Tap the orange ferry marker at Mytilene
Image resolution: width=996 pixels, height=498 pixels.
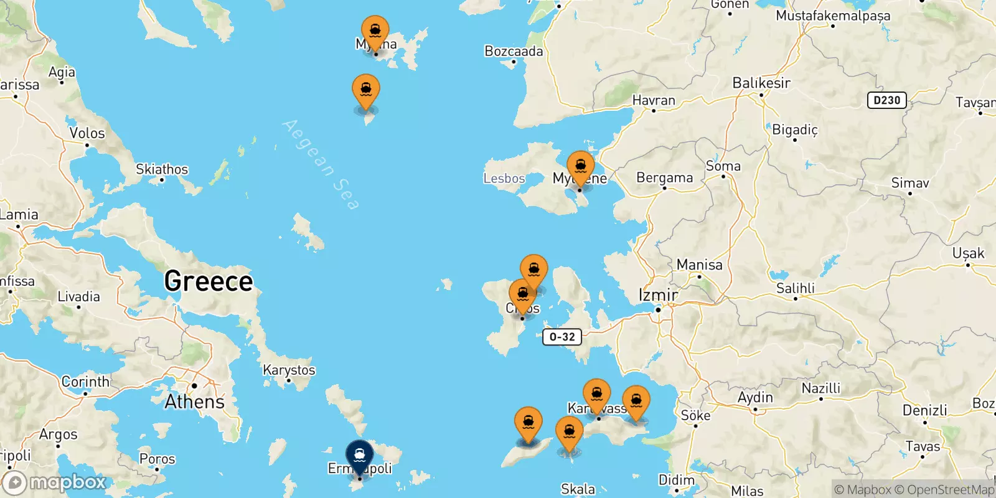(580, 167)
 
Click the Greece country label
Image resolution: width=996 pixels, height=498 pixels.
(209, 281)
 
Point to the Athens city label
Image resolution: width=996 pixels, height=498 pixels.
(194, 402)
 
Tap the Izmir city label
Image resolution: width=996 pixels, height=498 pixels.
(658, 294)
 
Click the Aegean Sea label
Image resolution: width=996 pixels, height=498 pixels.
(321, 164)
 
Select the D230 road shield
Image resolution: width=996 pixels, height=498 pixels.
(886, 100)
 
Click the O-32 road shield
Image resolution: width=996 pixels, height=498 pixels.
(562, 337)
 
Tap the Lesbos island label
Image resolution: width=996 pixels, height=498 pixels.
(504, 179)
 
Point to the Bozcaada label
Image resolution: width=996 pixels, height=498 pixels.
(514, 52)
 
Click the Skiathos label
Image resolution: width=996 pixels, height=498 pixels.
(162, 169)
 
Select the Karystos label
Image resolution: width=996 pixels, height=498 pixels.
(289, 370)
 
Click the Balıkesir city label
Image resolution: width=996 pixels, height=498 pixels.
(761, 83)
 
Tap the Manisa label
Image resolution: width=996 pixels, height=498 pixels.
(699, 265)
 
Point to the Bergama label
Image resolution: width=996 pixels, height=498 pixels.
(664, 178)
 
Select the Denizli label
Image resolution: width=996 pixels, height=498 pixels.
(924, 410)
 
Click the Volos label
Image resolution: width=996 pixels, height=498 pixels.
(87, 133)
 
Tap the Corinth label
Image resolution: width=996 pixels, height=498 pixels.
(85, 382)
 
